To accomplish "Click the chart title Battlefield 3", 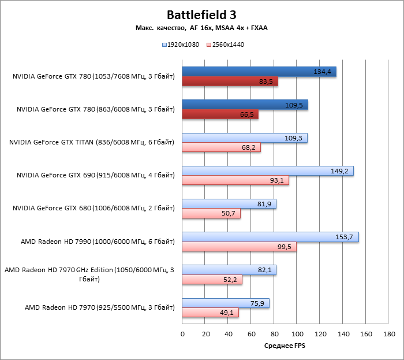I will (x=201, y=14).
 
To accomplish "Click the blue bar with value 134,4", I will (x=259, y=72).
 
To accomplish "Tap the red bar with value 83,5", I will (x=230, y=81).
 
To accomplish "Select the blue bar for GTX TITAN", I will (x=245, y=138).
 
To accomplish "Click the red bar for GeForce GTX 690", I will (x=235, y=181).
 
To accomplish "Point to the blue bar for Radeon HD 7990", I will (x=270, y=237).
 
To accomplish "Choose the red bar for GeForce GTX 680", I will (x=211, y=214).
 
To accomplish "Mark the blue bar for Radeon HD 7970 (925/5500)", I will (x=226, y=303).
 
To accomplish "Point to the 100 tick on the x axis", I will (x=297, y=333).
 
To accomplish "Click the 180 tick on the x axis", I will (x=389, y=333).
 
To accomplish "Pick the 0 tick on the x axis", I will (x=182, y=333).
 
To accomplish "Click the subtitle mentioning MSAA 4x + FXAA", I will (x=201, y=28).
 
